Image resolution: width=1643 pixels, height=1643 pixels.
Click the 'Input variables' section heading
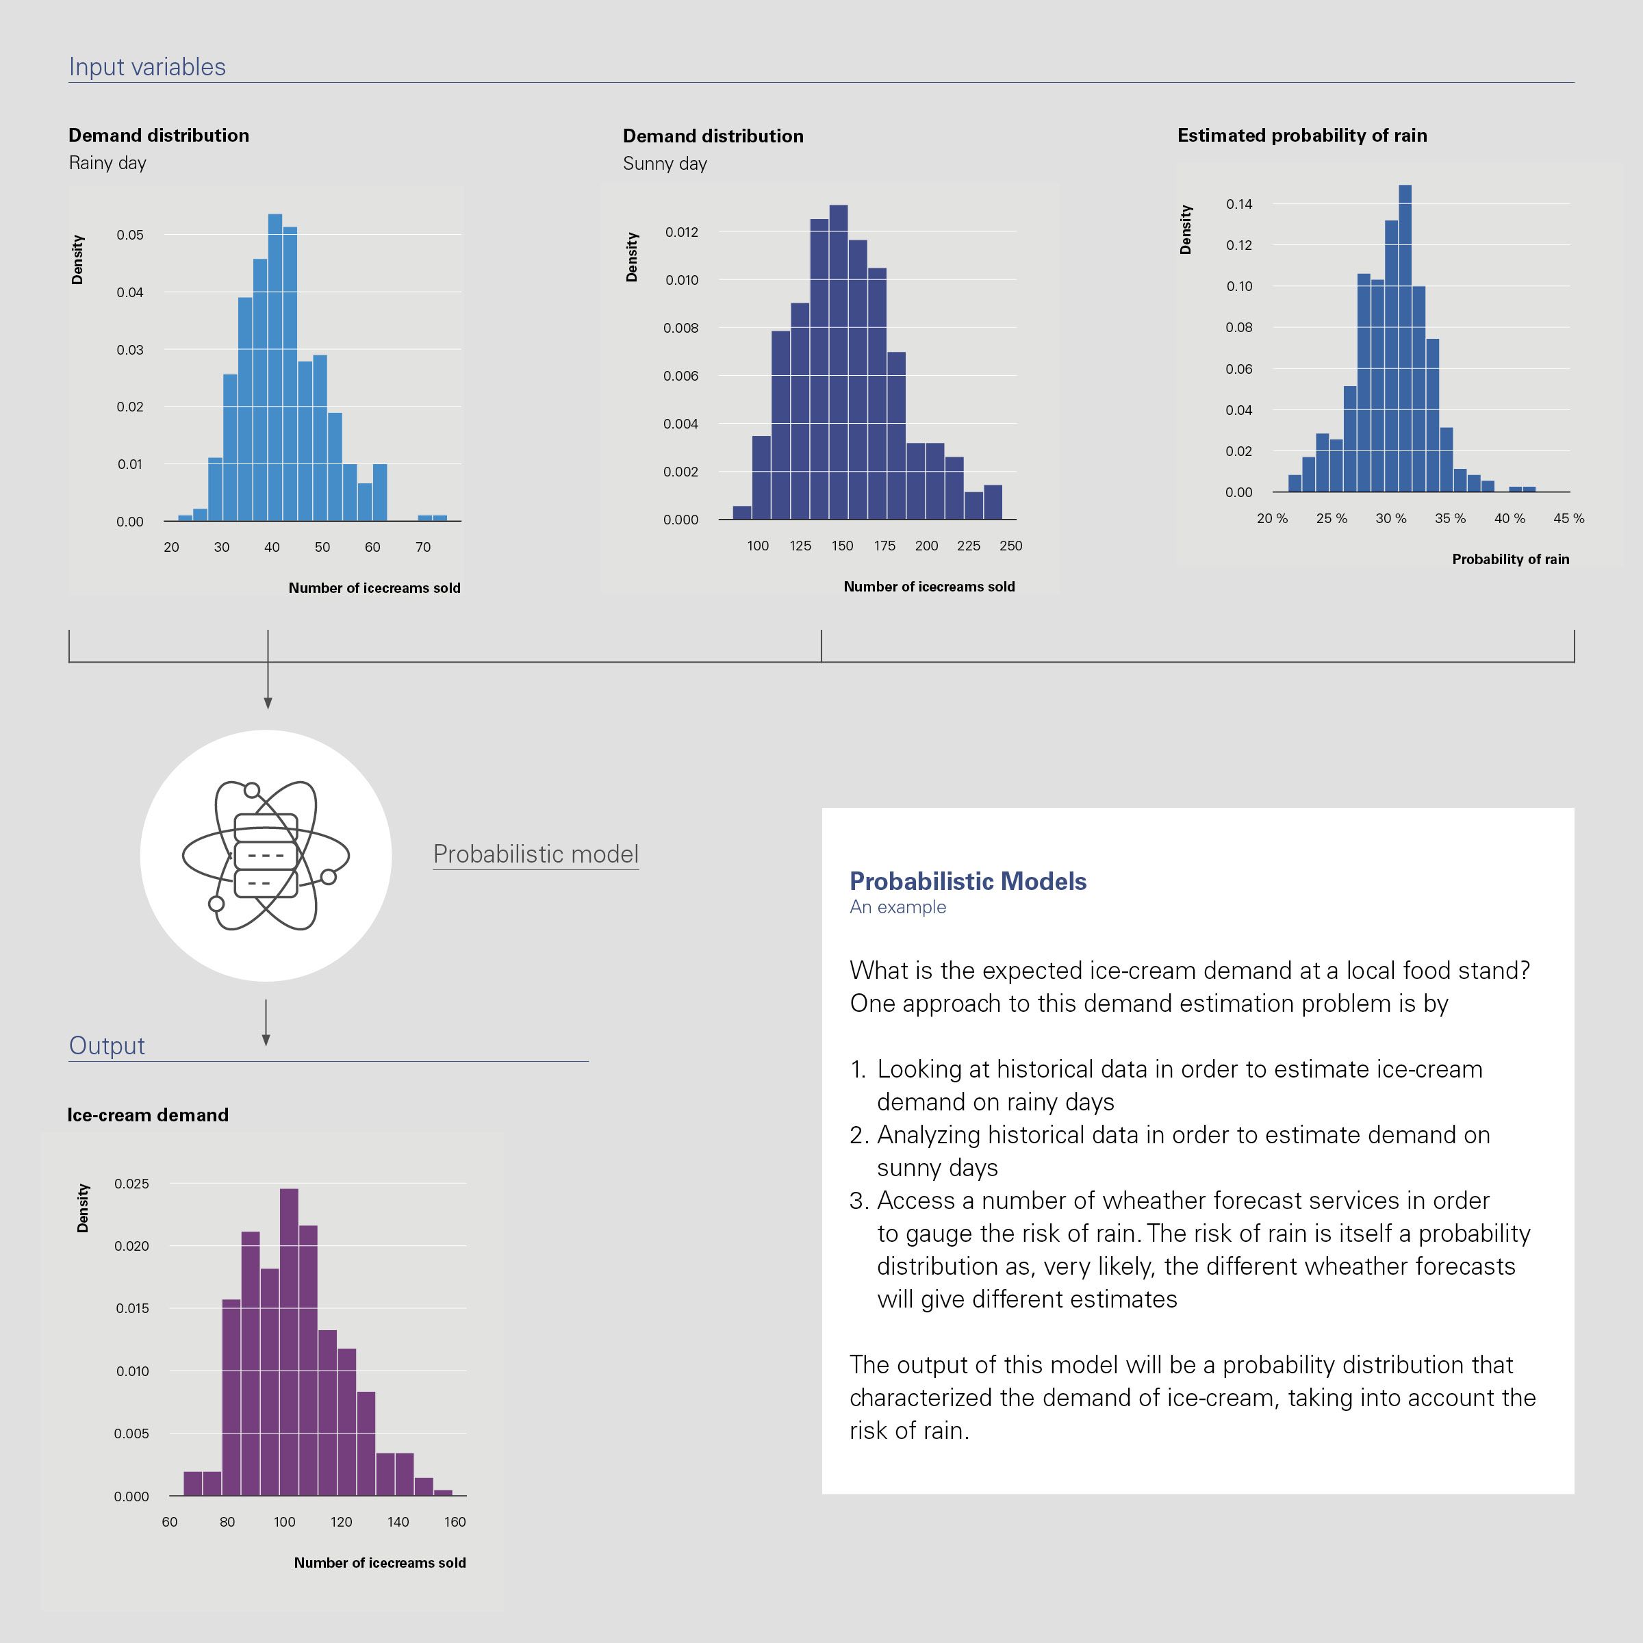[147, 67]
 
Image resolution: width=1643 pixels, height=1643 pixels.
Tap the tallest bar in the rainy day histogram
[275, 366]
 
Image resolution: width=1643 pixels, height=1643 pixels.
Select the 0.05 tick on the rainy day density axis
[130, 235]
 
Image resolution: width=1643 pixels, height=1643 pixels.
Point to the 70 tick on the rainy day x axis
[422, 547]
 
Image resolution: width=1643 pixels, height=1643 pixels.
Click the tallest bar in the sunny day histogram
[839, 361]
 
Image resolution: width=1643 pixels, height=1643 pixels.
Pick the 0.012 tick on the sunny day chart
[681, 232]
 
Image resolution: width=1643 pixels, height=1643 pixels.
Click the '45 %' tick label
[1568, 519]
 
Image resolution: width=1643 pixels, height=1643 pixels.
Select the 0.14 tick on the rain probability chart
[1239, 204]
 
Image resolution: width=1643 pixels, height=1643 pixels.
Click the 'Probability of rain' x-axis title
[1510, 559]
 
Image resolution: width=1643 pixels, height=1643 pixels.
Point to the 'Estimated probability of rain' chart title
[1302, 136]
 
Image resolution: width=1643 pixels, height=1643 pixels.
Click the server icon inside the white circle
[266, 856]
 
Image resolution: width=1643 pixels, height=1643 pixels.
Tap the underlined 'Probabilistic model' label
[536, 854]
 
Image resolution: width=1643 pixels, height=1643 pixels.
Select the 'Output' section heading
[107, 1045]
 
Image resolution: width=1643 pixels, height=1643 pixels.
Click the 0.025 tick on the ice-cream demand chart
[132, 1184]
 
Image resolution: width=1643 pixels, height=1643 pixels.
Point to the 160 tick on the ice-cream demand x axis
[455, 1521]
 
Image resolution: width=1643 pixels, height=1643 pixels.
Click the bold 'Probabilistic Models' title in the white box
[968, 881]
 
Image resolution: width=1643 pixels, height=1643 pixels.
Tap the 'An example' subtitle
[897, 907]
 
